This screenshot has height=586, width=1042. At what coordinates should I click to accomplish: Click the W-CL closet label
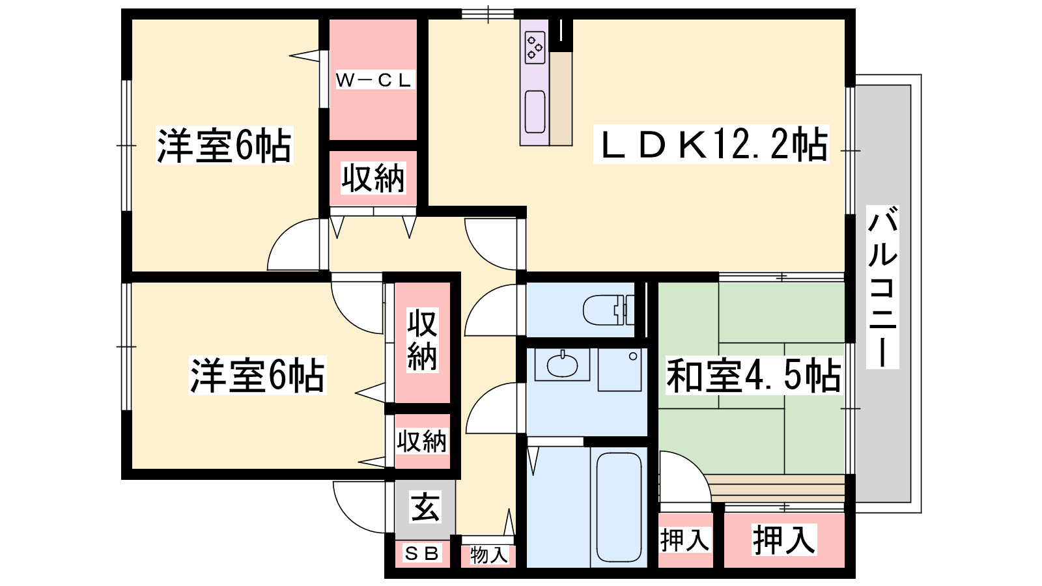pyautogui.click(x=374, y=81)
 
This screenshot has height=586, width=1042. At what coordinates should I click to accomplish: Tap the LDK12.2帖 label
pyautogui.click(x=711, y=145)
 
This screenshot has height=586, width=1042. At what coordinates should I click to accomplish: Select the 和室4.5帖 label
pyautogui.click(x=753, y=375)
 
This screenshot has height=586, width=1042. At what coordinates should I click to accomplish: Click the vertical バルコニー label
pyautogui.click(x=882, y=287)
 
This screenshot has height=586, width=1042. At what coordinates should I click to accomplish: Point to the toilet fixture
pyautogui.click(x=608, y=309)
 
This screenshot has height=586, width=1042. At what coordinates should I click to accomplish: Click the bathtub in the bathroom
pyautogui.click(x=619, y=507)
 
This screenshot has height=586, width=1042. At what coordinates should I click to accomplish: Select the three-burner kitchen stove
pyautogui.click(x=535, y=47)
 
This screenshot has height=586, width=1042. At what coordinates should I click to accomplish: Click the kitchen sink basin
pyautogui.click(x=535, y=111)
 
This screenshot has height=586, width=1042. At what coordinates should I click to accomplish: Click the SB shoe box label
pyautogui.click(x=422, y=553)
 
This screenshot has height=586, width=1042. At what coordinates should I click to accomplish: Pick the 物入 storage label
pyautogui.click(x=488, y=555)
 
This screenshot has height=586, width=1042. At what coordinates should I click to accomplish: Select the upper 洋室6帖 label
pyautogui.click(x=224, y=145)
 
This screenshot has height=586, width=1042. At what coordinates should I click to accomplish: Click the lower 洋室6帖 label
pyautogui.click(x=257, y=375)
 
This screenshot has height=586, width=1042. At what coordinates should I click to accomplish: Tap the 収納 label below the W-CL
pyautogui.click(x=374, y=178)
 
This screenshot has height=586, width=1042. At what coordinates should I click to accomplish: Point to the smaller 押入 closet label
pyautogui.click(x=684, y=540)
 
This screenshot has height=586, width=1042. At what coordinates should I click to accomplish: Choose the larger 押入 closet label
pyautogui.click(x=784, y=540)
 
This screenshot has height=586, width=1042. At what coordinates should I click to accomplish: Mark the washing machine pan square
pyautogui.click(x=619, y=370)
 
